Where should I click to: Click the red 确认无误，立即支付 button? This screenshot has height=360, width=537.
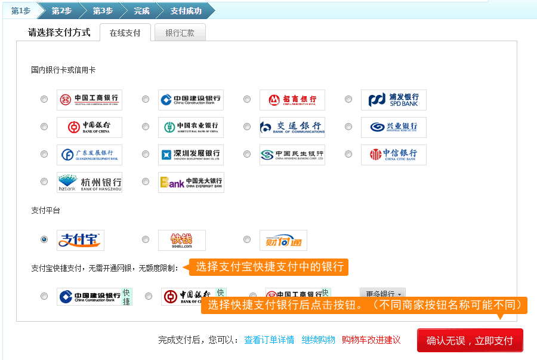[x=470, y=340]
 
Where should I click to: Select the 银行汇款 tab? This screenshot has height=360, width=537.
[x=180, y=33]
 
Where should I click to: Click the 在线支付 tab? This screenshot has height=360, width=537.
[x=125, y=33]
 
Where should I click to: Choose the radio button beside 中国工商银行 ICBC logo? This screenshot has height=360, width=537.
[x=44, y=100]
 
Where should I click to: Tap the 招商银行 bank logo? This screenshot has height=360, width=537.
[x=292, y=100]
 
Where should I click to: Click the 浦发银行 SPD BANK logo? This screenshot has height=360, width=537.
[x=393, y=100]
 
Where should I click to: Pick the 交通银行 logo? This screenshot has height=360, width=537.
[x=292, y=127]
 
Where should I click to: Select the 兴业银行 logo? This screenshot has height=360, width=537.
[x=393, y=127]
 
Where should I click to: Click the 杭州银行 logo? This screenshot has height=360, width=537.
[x=89, y=182]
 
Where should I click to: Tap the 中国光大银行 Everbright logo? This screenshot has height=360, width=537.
[x=191, y=182]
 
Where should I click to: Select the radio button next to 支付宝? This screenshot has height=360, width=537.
[x=44, y=239]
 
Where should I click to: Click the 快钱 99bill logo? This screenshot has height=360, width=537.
[x=181, y=240]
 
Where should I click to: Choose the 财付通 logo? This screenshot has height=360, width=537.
[x=283, y=240]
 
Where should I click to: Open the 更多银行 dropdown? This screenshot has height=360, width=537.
[x=382, y=293]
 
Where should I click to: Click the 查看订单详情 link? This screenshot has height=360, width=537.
[x=269, y=340]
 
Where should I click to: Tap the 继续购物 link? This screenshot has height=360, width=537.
[x=318, y=340]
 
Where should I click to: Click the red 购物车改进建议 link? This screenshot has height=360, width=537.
[x=371, y=340]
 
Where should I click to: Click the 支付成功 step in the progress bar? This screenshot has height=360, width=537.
[x=186, y=11]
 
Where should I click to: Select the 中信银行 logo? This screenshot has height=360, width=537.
[x=393, y=155]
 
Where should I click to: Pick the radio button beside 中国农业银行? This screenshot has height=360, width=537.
[x=146, y=127]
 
